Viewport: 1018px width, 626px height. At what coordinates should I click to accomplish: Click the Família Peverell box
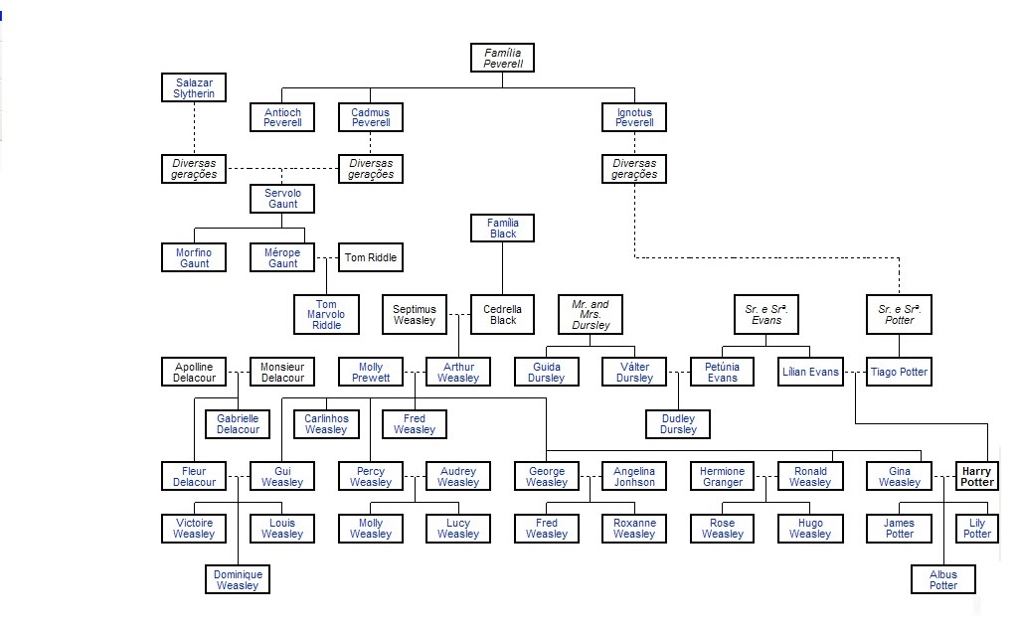(x=502, y=58)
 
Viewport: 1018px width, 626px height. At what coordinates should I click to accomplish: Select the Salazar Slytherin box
(x=194, y=87)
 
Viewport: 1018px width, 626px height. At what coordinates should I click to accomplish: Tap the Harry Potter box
(x=976, y=476)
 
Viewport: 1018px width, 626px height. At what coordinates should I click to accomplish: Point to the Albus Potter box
(x=942, y=579)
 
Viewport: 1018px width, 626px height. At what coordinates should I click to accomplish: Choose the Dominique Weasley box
(x=239, y=579)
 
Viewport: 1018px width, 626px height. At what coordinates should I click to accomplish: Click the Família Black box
(x=502, y=229)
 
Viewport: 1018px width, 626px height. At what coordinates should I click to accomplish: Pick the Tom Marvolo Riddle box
(x=326, y=315)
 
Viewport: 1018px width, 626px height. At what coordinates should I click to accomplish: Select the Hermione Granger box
(x=722, y=476)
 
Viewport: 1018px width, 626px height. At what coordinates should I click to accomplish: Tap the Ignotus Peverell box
(x=633, y=117)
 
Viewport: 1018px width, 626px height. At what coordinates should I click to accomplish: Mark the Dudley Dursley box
(x=678, y=424)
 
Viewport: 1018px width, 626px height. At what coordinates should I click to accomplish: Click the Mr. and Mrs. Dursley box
(x=591, y=315)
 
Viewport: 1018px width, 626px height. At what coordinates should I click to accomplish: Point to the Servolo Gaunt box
(x=282, y=198)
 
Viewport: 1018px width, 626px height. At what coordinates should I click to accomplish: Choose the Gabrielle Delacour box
(x=239, y=424)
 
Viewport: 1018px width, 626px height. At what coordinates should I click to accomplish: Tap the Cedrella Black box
(x=502, y=315)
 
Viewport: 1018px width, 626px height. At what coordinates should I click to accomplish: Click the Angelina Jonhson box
(x=633, y=476)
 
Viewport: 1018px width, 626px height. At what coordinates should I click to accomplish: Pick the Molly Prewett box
(x=370, y=373)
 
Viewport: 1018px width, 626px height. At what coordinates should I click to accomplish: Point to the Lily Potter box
(x=976, y=528)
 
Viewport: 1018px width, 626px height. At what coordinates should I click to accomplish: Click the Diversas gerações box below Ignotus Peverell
(x=633, y=169)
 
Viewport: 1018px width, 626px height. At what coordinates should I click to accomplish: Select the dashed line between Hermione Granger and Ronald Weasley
(x=765, y=477)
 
